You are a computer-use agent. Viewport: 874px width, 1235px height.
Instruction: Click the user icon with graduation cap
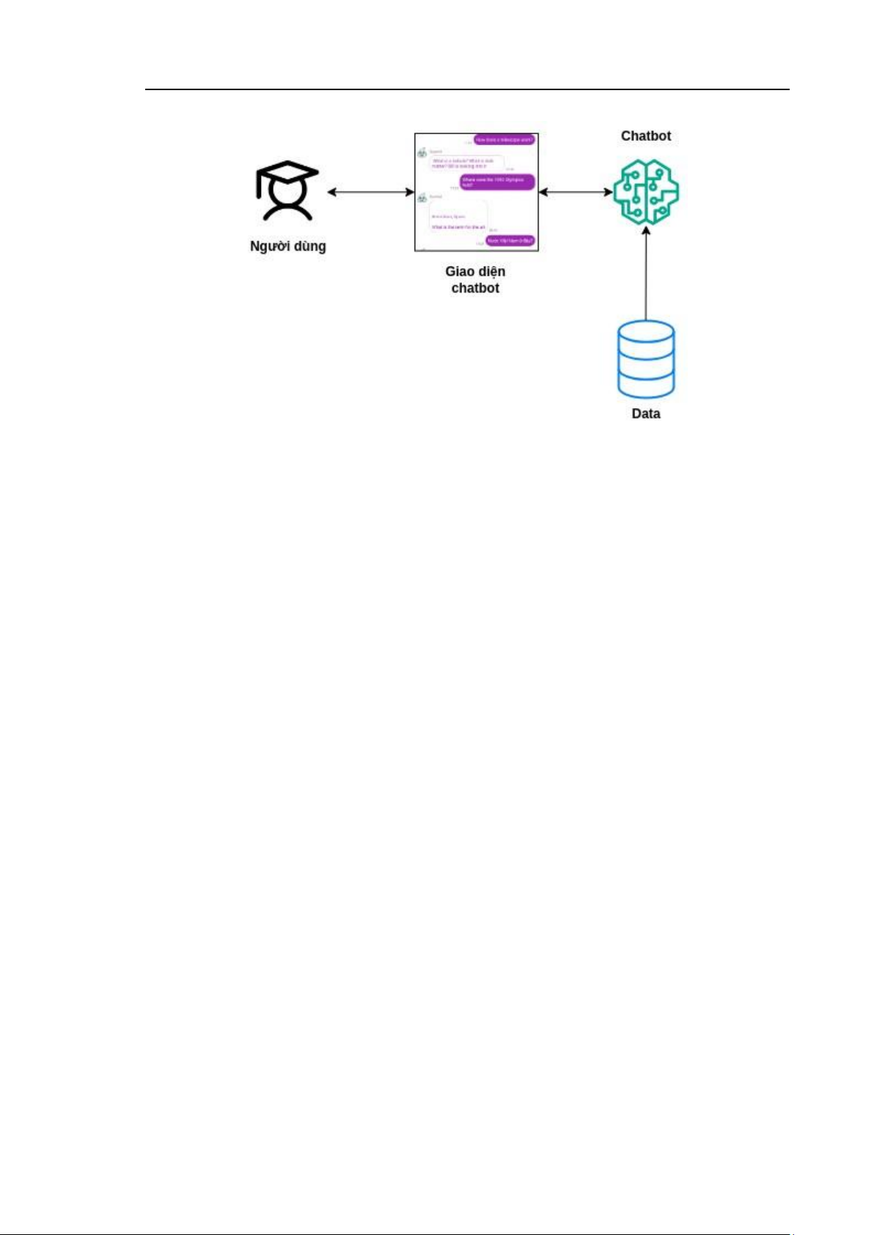click(287, 192)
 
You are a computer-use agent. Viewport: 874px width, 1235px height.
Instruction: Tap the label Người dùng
click(287, 246)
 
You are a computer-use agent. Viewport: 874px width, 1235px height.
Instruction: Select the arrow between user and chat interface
click(370, 192)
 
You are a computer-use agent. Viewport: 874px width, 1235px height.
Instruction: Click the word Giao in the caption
click(459, 271)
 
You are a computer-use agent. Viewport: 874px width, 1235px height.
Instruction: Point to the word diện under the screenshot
click(491, 271)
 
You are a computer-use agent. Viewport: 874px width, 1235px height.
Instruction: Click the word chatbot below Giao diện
click(475, 288)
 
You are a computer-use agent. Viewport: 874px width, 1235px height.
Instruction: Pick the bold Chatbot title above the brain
click(645, 136)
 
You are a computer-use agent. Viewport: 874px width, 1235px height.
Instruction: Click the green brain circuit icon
click(646, 191)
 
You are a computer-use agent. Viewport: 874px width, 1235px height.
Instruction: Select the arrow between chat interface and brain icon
click(576, 192)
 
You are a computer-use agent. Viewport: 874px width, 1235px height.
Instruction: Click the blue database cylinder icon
click(646, 359)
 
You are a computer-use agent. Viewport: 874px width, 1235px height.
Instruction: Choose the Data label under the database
click(646, 413)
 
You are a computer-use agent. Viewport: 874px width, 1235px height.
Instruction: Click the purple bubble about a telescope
click(504, 139)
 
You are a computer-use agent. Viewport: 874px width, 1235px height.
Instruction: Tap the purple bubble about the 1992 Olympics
click(497, 182)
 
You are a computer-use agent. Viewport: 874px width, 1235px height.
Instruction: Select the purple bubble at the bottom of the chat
click(510, 240)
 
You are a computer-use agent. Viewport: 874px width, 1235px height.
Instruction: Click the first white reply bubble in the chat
click(466, 163)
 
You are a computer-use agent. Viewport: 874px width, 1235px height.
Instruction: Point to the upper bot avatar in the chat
click(422, 153)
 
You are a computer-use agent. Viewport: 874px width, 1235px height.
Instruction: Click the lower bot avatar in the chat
click(422, 198)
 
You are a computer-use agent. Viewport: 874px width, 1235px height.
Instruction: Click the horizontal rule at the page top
click(466, 89)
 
